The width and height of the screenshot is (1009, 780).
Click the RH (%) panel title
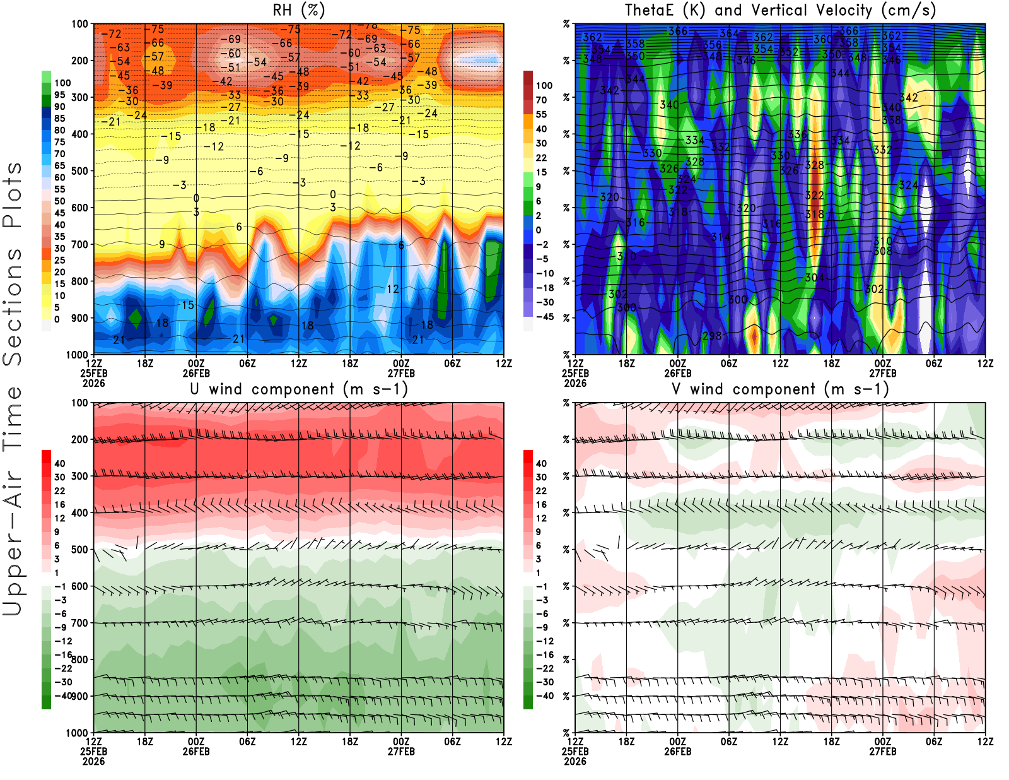[x=298, y=10]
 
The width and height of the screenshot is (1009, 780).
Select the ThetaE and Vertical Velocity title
[x=780, y=10]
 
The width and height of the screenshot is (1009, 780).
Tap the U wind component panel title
[x=299, y=389]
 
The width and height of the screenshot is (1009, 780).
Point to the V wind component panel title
[x=780, y=389]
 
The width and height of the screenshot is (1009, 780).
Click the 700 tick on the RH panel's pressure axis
[x=79, y=244]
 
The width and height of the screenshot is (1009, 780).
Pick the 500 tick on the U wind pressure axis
[x=79, y=550]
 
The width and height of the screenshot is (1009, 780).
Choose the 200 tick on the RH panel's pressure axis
[x=79, y=61]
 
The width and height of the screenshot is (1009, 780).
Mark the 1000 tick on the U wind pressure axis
[x=77, y=733]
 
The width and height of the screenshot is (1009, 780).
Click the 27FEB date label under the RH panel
[x=401, y=373]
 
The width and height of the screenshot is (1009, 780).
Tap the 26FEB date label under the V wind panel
[x=678, y=752]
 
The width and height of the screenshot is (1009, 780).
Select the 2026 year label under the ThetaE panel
[x=575, y=383]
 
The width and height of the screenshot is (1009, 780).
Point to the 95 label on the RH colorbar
[x=60, y=95]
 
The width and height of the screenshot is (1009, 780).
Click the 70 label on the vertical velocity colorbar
[x=541, y=100]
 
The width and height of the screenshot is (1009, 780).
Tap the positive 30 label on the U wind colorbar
[x=60, y=477]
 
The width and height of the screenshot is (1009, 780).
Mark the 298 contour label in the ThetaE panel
[x=712, y=336]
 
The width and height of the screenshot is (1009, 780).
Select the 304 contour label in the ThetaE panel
[x=814, y=278]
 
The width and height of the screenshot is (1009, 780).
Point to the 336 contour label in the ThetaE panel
[x=798, y=134]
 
